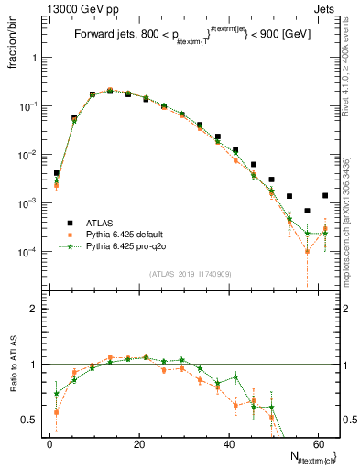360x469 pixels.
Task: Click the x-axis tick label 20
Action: [138, 444]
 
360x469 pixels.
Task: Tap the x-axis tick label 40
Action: [228, 444]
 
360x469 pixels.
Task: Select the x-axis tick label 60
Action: [317, 444]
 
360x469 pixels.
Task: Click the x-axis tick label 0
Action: [49, 444]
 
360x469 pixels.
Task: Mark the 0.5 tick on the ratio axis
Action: [28, 420]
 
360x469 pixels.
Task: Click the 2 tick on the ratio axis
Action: [34, 309]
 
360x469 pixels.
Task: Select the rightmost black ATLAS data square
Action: [325, 195]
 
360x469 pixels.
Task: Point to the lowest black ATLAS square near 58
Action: [307, 211]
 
